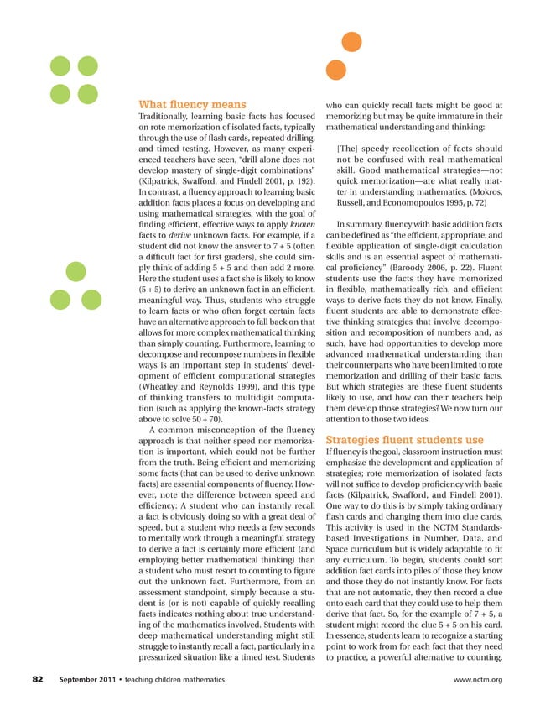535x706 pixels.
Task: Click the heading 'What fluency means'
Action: click(186, 104)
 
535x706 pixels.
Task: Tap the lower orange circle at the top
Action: click(334, 71)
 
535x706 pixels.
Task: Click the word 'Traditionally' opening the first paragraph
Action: click(167, 120)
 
